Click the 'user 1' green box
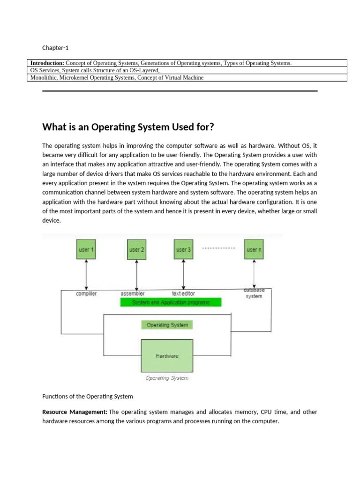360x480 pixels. (x=86, y=250)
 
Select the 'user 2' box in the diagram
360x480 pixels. (x=136, y=250)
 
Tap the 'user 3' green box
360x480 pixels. (x=183, y=250)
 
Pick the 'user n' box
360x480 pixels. (x=254, y=250)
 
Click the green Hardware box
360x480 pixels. (x=167, y=356)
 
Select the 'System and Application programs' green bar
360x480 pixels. (x=171, y=302)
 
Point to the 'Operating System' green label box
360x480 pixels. (x=167, y=324)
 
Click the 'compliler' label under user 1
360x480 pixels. (x=86, y=293)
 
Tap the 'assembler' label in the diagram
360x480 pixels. (x=132, y=293)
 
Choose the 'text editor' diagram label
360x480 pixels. (x=183, y=293)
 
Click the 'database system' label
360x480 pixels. (x=254, y=293)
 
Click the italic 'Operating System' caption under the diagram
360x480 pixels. (x=167, y=378)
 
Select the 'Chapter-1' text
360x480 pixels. (x=55, y=48)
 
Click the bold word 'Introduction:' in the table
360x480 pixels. (x=47, y=63)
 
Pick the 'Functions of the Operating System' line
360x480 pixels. (x=88, y=396)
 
